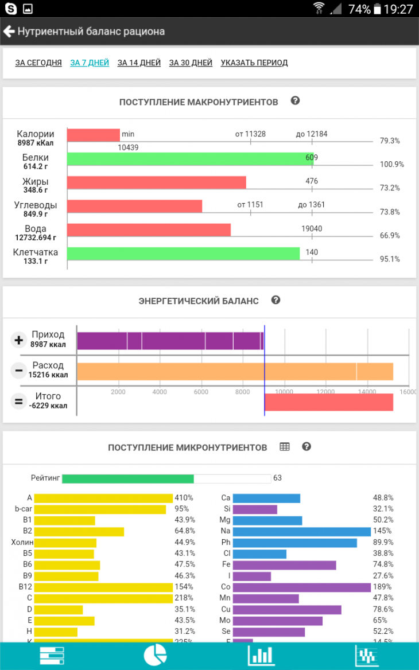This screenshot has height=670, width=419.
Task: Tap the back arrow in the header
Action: click(x=9, y=32)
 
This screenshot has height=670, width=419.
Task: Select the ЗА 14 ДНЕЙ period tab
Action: click(x=139, y=63)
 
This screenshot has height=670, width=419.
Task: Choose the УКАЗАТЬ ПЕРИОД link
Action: click(x=254, y=63)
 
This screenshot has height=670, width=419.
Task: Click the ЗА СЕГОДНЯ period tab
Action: click(x=38, y=63)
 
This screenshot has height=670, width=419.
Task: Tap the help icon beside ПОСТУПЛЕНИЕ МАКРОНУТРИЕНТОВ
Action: click(x=295, y=101)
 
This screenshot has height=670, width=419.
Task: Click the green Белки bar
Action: click(x=190, y=159)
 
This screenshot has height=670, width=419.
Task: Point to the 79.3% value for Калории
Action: click(x=390, y=141)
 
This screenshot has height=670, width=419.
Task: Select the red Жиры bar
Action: click(x=156, y=182)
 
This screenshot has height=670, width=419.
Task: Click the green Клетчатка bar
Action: click(x=183, y=254)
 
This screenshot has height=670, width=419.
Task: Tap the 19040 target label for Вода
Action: click(x=312, y=229)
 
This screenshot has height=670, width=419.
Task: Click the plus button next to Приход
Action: click(x=19, y=340)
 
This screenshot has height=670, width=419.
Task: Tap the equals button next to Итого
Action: click(x=19, y=401)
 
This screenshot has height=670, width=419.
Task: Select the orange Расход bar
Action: click(x=235, y=371)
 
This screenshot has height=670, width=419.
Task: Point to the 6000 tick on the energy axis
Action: click(x=201, y=392)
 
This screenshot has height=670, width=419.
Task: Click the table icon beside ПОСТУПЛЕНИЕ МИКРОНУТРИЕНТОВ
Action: click(x=285, y=447)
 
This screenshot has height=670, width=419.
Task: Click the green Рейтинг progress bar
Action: click(x=128, y=478)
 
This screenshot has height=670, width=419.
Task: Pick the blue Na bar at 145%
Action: click(x=302, y=532)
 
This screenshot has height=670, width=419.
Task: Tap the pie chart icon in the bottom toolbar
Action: click(x=155, y=655)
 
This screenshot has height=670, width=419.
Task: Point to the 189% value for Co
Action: click(x=381, y=587)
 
